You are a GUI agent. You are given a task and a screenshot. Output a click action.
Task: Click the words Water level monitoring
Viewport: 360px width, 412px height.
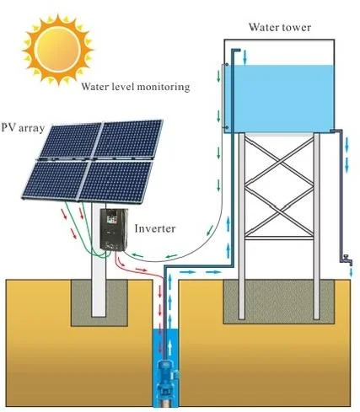135,87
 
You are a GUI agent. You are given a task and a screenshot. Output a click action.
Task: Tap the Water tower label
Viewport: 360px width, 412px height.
279,26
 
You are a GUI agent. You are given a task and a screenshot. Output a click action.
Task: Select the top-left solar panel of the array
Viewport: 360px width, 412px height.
67,144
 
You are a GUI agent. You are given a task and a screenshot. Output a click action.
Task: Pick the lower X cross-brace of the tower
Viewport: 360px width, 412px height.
280,237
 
